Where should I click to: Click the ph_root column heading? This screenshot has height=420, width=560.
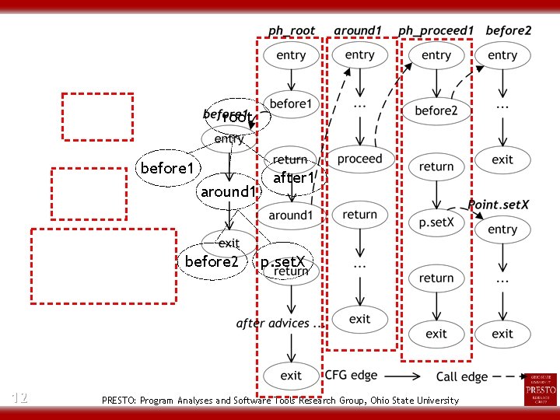(292, 31)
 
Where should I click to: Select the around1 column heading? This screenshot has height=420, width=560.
(358, 31)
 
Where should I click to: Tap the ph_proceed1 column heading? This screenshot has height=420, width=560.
(436, 31)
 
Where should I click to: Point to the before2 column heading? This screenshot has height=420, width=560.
(509, 31)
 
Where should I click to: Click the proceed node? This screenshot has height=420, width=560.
(359, 159)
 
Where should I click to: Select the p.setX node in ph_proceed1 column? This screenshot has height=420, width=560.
(436, 222)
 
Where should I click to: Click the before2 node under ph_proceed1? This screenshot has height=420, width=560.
(436, 110)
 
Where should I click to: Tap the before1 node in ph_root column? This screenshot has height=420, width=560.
(291, 103)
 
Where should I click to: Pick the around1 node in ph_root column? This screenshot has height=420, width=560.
(291, 215)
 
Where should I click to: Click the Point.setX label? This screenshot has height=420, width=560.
(499, 204)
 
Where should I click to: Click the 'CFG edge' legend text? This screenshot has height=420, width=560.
(352, 376)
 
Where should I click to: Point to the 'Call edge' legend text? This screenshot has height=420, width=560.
(462, 376)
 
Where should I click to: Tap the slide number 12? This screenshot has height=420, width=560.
(20, 397)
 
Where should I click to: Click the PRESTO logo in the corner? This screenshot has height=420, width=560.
(541, 389)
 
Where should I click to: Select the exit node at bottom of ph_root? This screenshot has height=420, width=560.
(291, 375)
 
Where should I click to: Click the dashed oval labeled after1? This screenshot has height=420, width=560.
(292, 178)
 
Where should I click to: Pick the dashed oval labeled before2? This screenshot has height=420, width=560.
(212, 261)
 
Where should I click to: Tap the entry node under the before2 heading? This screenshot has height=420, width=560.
(502, 55)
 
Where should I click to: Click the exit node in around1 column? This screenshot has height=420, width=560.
(359, 319)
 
